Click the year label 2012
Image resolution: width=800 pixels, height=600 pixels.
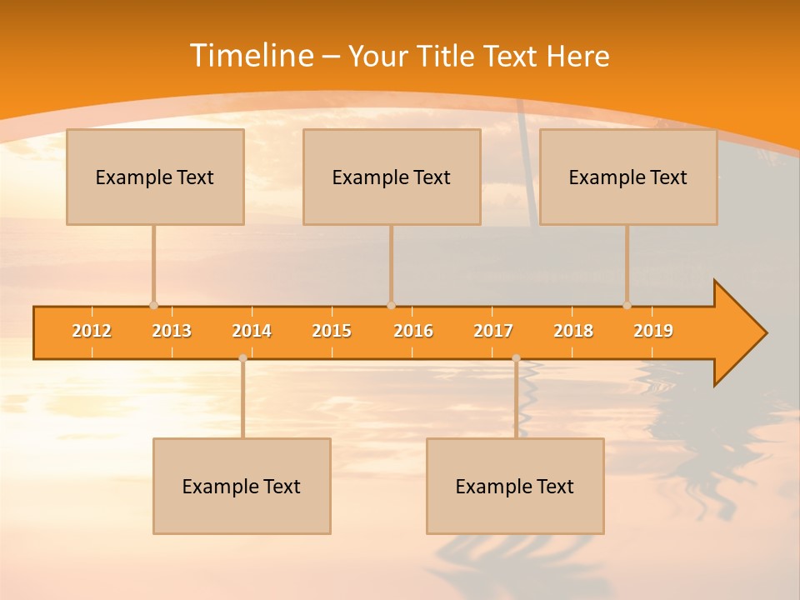tap(92, 331)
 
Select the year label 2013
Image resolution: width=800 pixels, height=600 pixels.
tap(172, 331)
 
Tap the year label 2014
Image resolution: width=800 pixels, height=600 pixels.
tap(252, 331)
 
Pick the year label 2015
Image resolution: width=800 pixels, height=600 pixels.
tap(332, 331)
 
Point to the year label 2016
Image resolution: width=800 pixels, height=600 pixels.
tap(413, 331)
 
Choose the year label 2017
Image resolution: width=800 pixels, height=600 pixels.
tap(493, 331)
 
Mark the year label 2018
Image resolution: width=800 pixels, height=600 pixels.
tap(573, 331)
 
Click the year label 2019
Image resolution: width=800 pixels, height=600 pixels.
tap(653, 331)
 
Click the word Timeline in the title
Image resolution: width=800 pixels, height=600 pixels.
tap(251, 56)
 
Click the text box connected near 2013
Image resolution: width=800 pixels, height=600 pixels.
tap(155, 177)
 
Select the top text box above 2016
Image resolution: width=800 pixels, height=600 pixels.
tap(392, 177)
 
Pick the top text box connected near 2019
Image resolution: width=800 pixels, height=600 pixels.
tap(628, 177)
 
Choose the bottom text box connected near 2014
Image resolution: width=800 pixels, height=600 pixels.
tap(242, 486)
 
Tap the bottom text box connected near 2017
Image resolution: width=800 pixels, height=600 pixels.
tap(515, 486)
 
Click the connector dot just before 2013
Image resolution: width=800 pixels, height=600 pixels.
tap(153, 306)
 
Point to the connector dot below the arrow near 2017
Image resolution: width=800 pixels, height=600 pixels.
tap(516, 358)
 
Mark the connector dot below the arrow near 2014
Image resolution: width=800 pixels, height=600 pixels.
tap(242, 358)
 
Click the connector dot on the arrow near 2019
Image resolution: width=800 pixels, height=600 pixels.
tap(627, 306)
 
